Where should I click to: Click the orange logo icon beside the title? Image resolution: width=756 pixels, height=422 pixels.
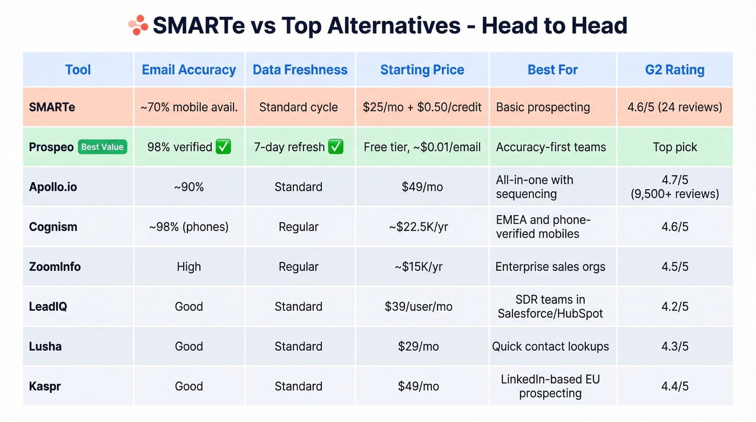coord(138,25)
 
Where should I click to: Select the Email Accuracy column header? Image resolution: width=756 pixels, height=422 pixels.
coord(188,70)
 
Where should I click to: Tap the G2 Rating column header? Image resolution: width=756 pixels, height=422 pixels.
coord(674,70)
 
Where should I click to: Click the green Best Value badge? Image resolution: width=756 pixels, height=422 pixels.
coord(102,147)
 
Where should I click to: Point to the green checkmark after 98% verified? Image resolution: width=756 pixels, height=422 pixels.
coord(223,147)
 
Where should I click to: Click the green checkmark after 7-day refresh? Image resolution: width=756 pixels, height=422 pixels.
coord(335,147)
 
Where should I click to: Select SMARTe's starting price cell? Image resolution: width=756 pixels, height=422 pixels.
coord(422,107)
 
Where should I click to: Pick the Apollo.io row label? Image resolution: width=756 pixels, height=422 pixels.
coord(53,187)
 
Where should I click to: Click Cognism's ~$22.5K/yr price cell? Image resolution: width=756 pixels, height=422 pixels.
coord(418,227)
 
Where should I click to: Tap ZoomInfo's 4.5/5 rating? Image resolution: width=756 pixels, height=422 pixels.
coord(674,267)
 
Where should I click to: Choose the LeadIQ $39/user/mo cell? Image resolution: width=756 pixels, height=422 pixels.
coord(418,307)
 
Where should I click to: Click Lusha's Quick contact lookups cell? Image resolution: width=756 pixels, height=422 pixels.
coord(550,346)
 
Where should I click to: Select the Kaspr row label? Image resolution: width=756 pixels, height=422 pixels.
coord(44,386)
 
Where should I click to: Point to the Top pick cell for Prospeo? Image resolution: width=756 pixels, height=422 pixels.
coord(674,147)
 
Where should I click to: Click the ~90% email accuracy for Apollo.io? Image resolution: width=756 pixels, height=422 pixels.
coord(188,187)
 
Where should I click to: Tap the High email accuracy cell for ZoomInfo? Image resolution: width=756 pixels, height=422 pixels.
coord(188,267)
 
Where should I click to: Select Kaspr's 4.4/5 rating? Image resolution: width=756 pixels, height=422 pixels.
coord(674,386)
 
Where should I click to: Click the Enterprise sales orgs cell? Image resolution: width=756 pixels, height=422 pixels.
coord(550,267)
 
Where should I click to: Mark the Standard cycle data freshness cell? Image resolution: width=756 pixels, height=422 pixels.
coord(298,107)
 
